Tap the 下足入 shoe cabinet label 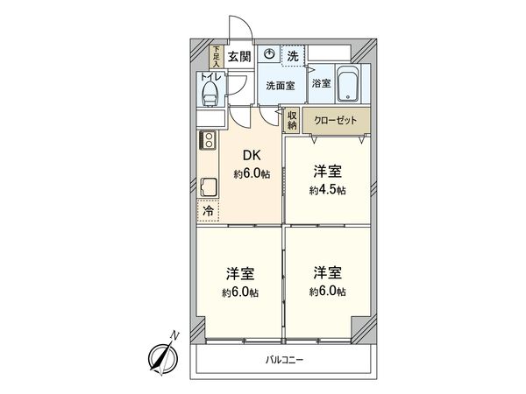click(x=216, y=57)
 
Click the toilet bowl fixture click(x=210, y=92)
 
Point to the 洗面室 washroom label click(x=280, y=85)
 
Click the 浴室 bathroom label click(x=321, y=84)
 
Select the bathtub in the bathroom click(x=348, y=85)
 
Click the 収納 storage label click(x=292, y=121)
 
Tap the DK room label click(x=251, y=159)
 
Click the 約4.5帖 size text click(x=327, y=189)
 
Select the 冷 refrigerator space click(x=209, y=211)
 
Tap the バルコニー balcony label click(x=284, y=359)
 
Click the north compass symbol click(x=160, y=354)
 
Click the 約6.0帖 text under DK click(x=252, y=174)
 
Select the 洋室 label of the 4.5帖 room click(x=327, y=172)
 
